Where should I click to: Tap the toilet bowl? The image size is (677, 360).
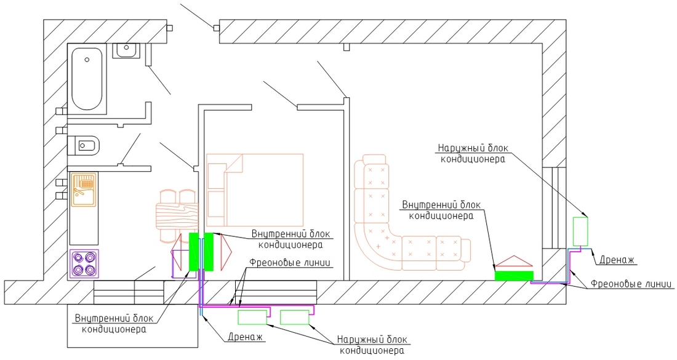click(x=83, y=145)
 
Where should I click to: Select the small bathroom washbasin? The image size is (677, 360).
click(x=126, y=50)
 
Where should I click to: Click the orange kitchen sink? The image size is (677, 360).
click(x=83, y=190)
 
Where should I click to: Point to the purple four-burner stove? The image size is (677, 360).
click(x=84, y=264)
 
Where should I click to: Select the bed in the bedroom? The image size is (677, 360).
click(x=255, y=190)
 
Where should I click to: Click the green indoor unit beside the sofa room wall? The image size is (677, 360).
click(x=514, y=276)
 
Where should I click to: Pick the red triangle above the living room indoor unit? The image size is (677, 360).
click(x=514, y=261)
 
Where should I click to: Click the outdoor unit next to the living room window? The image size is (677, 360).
click(x=580, y=231)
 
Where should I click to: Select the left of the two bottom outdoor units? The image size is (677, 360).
click(x=253, y=318)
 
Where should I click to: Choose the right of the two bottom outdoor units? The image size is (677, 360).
click(x=295, y=318)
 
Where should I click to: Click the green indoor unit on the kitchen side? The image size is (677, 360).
click(x=194, y=252)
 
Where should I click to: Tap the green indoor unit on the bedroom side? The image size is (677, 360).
click(x=209, y=252)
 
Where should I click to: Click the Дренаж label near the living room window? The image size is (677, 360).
click(x=616, y=260)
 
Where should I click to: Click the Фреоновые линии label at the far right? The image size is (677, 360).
click(x=631, y=284)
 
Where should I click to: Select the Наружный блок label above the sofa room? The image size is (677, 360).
click(x=473, y=148)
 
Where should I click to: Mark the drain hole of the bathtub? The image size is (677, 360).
click(x=87, y=60)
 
